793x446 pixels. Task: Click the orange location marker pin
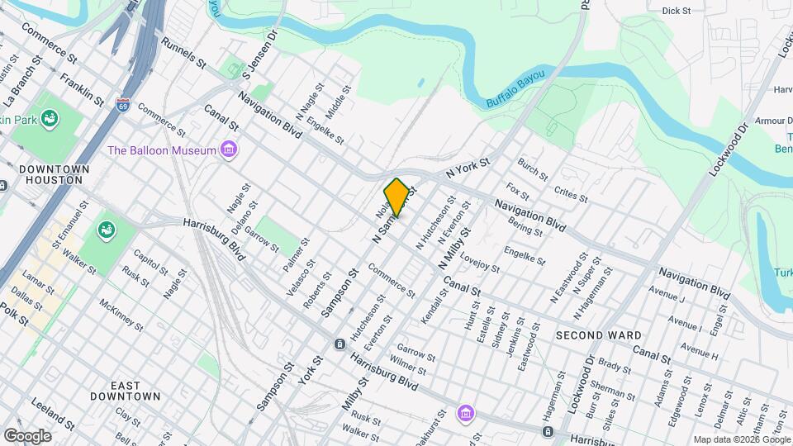[x=396, y=197]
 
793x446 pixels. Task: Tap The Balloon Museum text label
[x=162, y=150]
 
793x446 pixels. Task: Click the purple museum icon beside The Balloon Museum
[x=229, y=150]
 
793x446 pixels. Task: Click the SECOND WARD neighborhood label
[x=598, y=335]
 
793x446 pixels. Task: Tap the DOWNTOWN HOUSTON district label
[x=54, y=174]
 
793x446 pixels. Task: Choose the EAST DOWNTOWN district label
[x=135, y=391]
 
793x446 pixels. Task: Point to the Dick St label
[x=676, y=11]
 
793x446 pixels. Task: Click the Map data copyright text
[x=740, y=439]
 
